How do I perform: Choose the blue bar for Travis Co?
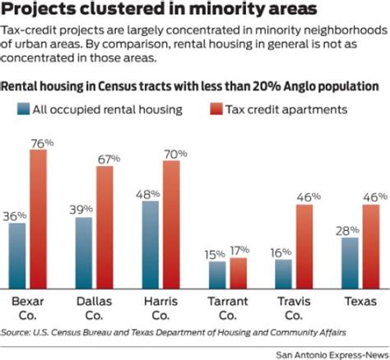point(283,273)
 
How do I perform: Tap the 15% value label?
point(216,252)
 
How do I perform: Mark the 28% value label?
point(349,229)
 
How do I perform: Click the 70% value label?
point(173,153)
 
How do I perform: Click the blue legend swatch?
point(24,108)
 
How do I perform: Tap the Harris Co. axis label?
point(160,307)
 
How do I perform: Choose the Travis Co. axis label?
point(292,307)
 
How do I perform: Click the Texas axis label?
point(360,301)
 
